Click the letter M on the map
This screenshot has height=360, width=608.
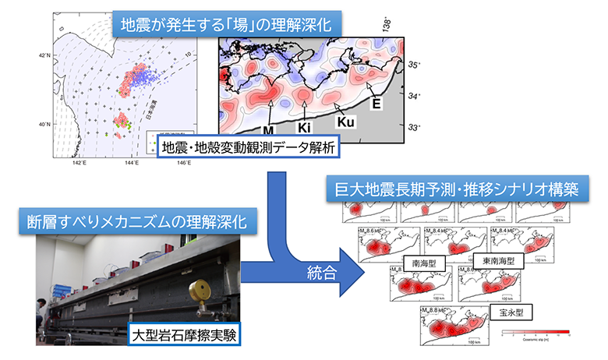268,129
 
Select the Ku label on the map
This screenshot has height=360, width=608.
347,122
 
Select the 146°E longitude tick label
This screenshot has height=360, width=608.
183,163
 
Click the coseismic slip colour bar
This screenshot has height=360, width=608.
537,332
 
